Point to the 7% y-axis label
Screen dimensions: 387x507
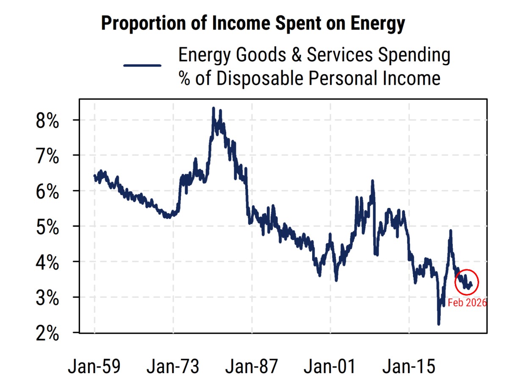(47, 157)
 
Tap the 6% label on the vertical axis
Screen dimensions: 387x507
(47, 193)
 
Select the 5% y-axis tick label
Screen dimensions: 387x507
(47, 228)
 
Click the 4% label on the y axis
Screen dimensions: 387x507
(47, 263)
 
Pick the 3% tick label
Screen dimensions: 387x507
(47, 299)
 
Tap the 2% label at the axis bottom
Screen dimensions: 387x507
(47, 334)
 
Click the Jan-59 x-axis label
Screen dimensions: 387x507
(94, 367)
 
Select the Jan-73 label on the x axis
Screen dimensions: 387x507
(173, 367)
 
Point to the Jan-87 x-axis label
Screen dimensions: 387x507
(252, 367)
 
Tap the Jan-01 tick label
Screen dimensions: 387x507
(330, 367)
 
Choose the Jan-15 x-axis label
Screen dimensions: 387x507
(409, 367)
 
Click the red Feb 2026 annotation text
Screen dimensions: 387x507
(467, 302)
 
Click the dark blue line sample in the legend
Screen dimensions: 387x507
(142, 66)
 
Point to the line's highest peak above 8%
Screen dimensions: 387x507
(213, 108)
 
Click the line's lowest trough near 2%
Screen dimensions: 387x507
(438, 324)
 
